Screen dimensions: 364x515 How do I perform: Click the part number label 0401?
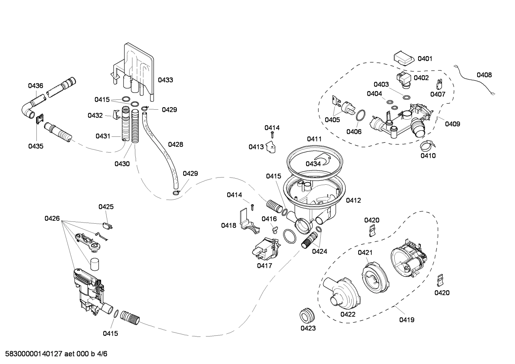[425, 59]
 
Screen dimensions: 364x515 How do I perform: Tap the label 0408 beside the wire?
[484, 75]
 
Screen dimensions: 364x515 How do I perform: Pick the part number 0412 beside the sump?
[353, 200]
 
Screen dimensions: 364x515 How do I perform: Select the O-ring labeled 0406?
[360, 116]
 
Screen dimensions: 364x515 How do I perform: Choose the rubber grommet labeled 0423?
[307, 314]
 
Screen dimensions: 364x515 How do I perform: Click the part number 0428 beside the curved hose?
[175, 144]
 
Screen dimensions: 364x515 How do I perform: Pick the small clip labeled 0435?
[39, 119]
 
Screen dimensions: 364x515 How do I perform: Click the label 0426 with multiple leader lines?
[52, 219]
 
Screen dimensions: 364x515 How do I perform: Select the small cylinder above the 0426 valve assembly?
[94, 265]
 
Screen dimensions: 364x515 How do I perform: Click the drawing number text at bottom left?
[54, 354]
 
